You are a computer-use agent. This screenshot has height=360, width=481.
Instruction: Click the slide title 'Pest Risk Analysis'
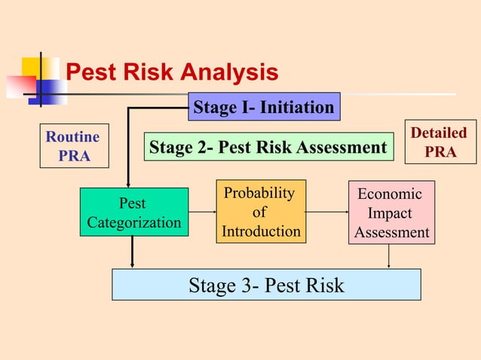pos(172,72)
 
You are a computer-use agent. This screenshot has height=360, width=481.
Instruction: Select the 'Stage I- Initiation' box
pos(264,107)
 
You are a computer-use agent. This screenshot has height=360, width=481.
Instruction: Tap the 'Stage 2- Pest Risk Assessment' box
pos(268,148)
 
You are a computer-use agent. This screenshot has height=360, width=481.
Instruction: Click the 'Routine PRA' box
pos(73,146)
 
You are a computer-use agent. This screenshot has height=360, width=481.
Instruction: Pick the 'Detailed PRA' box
pos(440,142)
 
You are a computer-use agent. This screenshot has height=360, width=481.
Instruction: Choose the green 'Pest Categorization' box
pos(133,212)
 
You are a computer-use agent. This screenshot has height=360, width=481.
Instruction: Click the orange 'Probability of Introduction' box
pos(261,212)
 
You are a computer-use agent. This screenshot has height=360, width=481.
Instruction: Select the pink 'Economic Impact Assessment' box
pos(391,213)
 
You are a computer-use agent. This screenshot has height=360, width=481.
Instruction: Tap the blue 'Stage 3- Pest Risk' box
pos(266,285)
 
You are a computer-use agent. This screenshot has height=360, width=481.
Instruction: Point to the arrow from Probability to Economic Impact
pos(326,212)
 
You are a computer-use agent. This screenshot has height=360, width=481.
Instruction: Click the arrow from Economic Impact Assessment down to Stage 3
pos(388,256)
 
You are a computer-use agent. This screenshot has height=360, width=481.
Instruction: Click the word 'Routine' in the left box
pos(72,137)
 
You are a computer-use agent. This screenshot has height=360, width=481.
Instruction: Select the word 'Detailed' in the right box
pos(439,133)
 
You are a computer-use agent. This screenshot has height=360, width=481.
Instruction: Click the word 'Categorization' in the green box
pos(133,223)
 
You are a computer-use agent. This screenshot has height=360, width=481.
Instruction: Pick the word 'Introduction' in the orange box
pos(261,231)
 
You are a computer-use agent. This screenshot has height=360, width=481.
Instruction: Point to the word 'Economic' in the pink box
pos(390,194)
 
